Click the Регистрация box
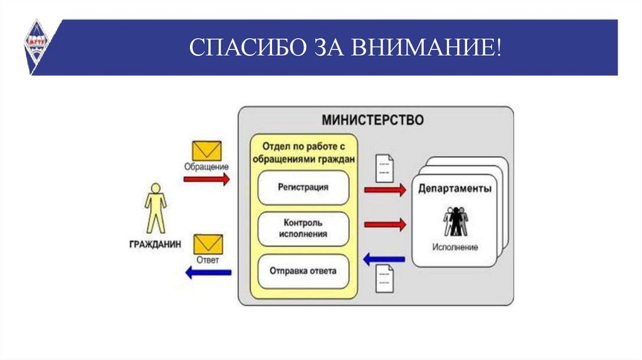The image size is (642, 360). tap(303, 187)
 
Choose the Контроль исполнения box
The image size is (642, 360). tap(303, 228)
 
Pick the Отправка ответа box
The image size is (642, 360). tap(303, 271)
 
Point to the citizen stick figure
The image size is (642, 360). tap(155, 208)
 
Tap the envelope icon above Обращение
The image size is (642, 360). tap(206, 151)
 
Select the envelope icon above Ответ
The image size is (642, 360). tap(206, 243)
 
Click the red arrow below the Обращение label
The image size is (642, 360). tap(206, 179)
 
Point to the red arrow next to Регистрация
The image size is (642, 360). tap(385, 189)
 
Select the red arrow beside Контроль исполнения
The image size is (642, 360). tap(385, 223)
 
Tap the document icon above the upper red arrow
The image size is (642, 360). tap(384, 166)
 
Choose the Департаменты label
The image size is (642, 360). tap(455, 188)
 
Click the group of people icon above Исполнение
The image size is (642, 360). tap(456, 220)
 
